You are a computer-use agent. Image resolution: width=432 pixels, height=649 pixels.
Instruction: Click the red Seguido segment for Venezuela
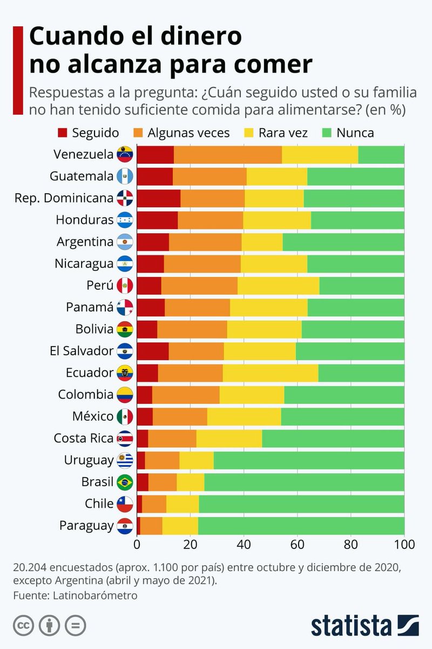[x=155, y=154]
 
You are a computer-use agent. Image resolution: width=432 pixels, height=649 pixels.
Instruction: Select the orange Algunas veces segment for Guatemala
[x=210, y=176]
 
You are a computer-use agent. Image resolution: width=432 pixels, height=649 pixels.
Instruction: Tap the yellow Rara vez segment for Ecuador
[x=270, y=373]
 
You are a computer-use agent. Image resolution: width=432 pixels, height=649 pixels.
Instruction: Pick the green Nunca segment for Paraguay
[x=301, y=525]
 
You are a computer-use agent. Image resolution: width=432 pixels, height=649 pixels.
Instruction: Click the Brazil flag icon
[x=125, y=481]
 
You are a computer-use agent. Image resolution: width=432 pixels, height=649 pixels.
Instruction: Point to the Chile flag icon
[x=125, y=504]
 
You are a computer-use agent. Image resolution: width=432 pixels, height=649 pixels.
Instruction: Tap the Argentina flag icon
[x=125, y=242]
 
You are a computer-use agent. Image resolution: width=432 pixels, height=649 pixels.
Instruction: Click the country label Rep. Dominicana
[x=64, y=198]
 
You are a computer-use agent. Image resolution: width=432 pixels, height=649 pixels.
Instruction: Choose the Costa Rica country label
[x=83, y=438]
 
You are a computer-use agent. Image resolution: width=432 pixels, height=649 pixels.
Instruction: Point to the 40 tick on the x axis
[x=244, y=544]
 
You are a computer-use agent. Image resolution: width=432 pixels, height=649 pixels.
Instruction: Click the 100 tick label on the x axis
[x=404, y=544]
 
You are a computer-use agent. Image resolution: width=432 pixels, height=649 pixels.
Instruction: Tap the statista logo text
[x=350, y=626]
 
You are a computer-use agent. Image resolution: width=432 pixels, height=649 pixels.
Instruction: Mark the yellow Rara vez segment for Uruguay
[x=196, y=460]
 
